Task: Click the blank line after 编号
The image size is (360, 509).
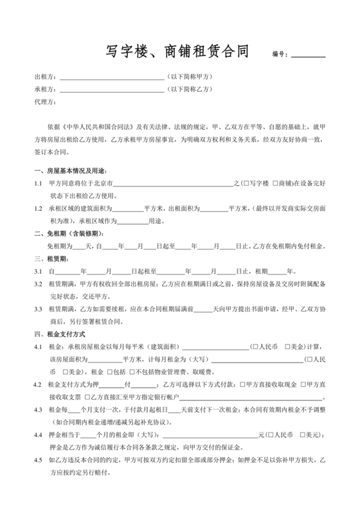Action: pyautogui.click(x=309, y=56)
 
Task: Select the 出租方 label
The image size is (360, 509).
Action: pyautogui.click(x=45, y=77)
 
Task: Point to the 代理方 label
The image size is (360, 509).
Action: pyautogui.click(x=45, y=102)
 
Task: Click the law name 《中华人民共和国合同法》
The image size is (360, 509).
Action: pyautogui.click(x=94, y=126)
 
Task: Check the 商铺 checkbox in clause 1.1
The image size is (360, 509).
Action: pyautogui.click(x=275, y=184)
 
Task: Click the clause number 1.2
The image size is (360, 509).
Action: pyautogui.click(x=38, y=209)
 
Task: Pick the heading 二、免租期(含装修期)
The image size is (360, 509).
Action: pyautogui.click(x=66, y=233)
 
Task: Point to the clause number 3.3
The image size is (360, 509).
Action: pyautogui.click(x=38, y=308)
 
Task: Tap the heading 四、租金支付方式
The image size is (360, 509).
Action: pyautogui.click(x=63, y=334)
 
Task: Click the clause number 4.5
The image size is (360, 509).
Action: pyautogui.click(x=38, y=461)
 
